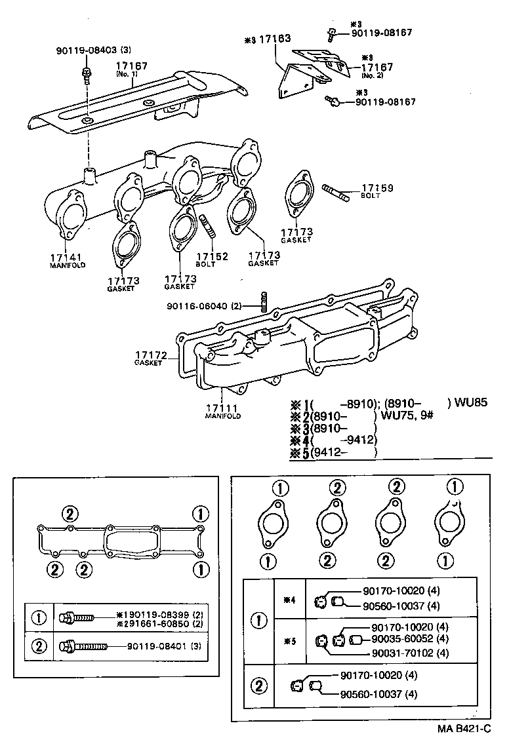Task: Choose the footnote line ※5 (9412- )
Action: [x=335, y=453]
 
